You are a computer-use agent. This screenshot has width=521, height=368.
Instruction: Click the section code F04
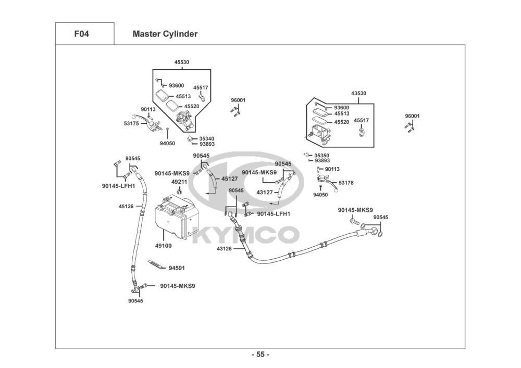point(81,34)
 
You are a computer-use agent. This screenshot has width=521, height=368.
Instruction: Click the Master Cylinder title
point(165,34)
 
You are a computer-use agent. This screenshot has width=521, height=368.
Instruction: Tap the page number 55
point(260,354)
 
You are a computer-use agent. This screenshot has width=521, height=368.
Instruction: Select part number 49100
point(164,246)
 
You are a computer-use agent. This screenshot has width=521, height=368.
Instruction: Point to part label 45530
point(182,62)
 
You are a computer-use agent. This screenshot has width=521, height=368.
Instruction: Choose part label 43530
point(358,93)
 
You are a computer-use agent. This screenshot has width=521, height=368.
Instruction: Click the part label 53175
point(131,123)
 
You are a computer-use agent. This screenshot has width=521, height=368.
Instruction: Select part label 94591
point(177,268)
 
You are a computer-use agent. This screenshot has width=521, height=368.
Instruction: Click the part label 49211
point(179,182)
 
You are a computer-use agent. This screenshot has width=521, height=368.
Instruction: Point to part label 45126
point(126,207)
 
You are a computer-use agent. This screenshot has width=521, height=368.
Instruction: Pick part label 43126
point(224,248)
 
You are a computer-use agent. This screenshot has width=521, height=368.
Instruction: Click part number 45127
point(230,179)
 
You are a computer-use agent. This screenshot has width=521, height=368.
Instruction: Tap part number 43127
point(265,192)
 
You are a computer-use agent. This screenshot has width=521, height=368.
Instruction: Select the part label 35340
point(207,138)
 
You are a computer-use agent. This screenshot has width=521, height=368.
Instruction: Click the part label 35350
point(321,155)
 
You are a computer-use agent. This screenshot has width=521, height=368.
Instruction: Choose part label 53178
point(346,183)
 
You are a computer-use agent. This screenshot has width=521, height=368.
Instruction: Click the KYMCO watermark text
point(245,235)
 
